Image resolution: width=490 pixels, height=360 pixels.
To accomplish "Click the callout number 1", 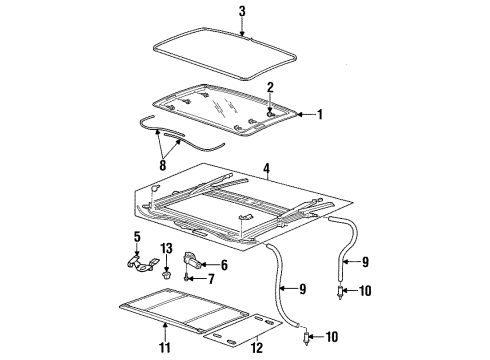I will [321, 115].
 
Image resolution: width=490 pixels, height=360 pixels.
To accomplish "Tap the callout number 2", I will [269, 88].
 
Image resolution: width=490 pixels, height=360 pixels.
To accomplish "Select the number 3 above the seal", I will [241, 11].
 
